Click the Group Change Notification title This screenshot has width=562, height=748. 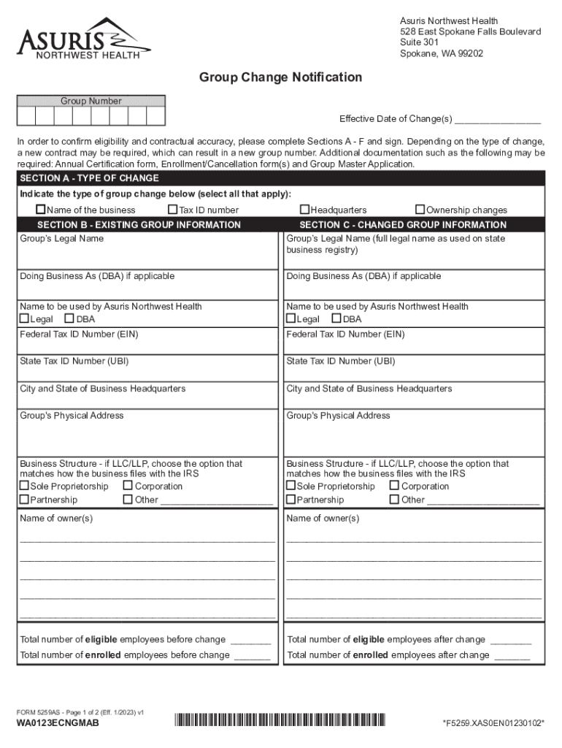[281, 77]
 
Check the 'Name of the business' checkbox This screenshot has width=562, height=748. [42, 210]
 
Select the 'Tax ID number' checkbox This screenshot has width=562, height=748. [173, 210]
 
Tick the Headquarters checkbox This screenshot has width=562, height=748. [305, 210]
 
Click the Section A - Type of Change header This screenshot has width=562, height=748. [89, 178]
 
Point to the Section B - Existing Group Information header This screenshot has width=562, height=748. [139, 225]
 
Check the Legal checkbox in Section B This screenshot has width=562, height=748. [24, 319]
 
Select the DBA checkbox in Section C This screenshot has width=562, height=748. [336, 319]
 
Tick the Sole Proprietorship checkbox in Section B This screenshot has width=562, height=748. [24, 486]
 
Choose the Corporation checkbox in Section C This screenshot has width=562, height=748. [394, 486]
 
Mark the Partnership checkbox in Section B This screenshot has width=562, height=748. [24, 500]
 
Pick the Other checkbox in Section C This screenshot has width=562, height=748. [394, 500]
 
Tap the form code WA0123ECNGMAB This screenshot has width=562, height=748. [58, 723]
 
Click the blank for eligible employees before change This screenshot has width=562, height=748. [250, 641]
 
